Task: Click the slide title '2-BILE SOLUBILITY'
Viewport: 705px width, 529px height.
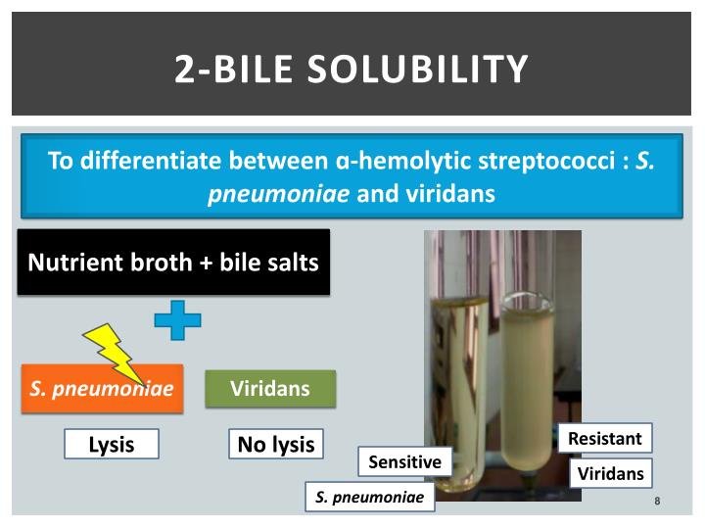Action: (352, 70)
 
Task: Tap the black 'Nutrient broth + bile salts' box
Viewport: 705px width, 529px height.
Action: (173, 263)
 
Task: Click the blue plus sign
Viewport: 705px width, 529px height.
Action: (177, 320)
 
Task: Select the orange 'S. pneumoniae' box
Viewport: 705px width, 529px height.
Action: (102, 389)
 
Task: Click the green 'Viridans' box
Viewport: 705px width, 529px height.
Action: (269, 389)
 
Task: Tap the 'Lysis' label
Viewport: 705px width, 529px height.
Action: (111, 445)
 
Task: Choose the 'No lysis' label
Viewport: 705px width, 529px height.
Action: (276, 445)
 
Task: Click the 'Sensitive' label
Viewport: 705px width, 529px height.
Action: (404, 461)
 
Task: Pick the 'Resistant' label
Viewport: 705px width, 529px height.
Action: (605, 438)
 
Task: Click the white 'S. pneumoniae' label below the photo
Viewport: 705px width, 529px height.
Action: (369, 498)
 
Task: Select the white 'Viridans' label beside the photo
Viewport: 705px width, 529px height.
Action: (610, 474)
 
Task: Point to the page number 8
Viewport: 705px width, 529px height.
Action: (658, 502)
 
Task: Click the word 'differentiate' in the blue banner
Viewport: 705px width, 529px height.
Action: (152, 161)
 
